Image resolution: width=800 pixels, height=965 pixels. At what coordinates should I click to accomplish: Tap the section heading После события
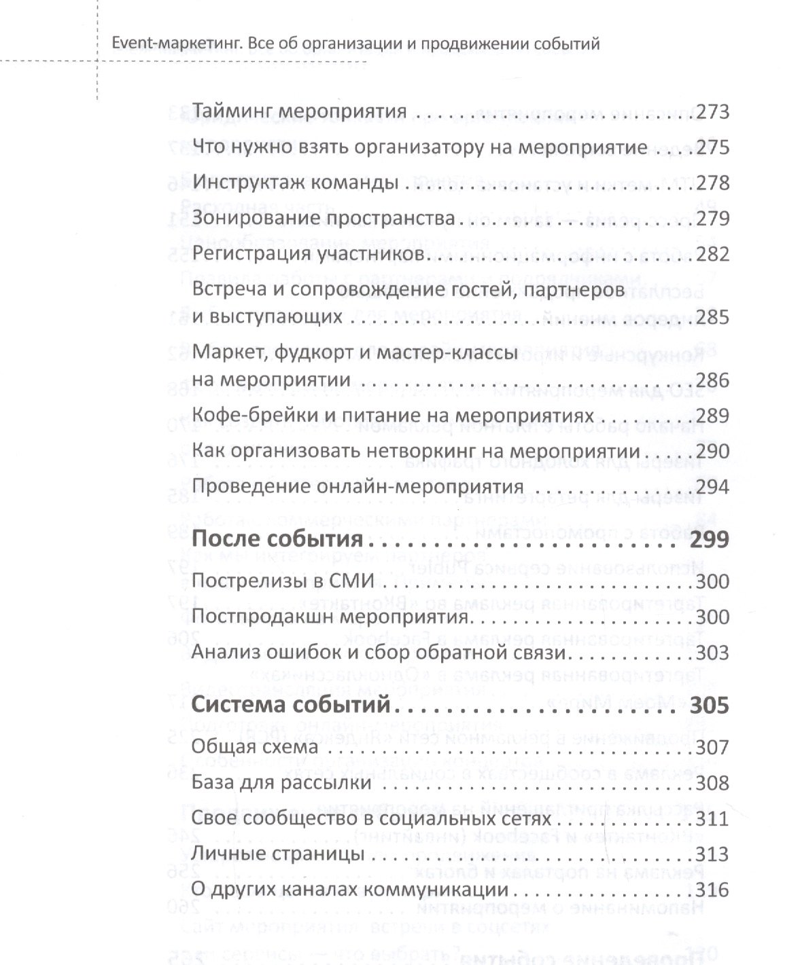278,541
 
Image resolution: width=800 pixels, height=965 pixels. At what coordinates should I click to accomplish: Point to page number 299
708,541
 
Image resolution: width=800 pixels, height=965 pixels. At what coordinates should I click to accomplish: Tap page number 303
709,653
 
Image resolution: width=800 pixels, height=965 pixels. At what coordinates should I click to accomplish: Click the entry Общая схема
255,748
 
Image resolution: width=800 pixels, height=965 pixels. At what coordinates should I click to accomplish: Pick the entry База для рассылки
281,783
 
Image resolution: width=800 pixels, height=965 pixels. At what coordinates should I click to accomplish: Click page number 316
709,890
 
